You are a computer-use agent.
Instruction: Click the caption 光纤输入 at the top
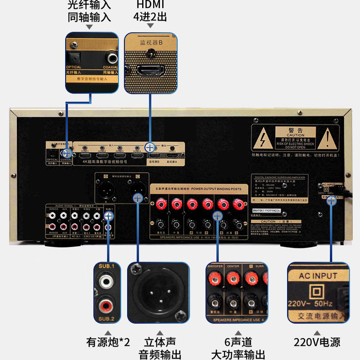pos(89,5)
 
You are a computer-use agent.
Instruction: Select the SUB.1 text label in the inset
pos(107,266)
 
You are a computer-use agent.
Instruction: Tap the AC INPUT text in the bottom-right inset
pos(318,276)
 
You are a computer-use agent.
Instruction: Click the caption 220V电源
pos(317,342)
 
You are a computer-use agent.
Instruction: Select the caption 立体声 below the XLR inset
pos(160,342)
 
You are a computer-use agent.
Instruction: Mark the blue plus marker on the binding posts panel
pos(218,216)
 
